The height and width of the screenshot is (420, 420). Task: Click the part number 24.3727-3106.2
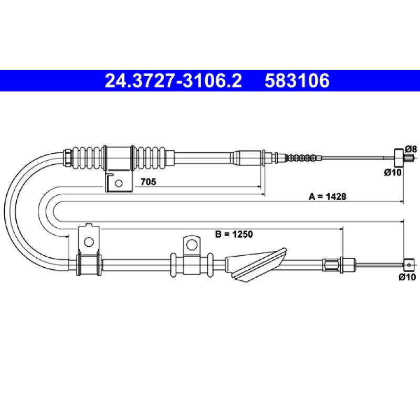click(x=173, y=81)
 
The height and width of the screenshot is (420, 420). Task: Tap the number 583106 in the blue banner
click(x=297, y=81)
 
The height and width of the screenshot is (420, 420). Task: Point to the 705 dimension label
click(x=148, y=182)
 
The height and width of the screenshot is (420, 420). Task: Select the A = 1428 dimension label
click(x=327, y=196)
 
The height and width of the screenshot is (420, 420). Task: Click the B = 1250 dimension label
click(x=234, y=234)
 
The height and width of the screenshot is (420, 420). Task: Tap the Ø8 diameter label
click(x=411, y=149)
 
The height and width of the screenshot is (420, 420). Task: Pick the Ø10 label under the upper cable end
click(x=393, y=173)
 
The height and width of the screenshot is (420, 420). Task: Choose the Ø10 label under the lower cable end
click(x=407, y=277)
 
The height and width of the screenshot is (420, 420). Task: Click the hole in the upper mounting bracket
click(x=119, y=183)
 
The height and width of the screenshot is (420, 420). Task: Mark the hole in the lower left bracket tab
click(x=89, y=242)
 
